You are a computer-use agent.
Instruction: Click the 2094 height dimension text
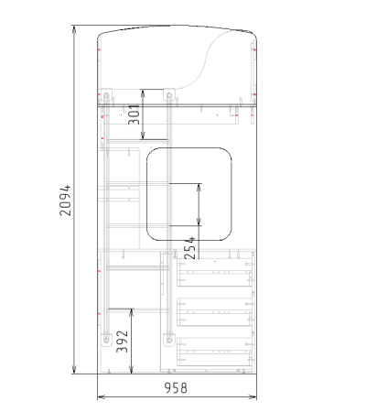(x=65, y=201)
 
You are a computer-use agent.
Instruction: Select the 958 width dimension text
(x=176, y=388)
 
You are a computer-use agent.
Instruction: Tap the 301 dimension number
(x=135, y=114)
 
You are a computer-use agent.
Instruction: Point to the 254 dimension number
(x=189, y=248)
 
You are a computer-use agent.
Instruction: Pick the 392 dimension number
(x=123, y=342)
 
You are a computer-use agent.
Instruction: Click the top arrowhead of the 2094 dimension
(x=74, y=29)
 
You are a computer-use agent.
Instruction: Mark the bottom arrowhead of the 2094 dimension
(x=74, y=370)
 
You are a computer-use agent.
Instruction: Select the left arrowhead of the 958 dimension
(x=102, y=397)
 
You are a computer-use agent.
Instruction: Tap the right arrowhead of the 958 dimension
(x=253, y=397)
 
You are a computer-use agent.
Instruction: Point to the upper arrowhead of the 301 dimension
(x=143, y=93)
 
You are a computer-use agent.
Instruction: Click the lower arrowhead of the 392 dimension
(x=132, y=370)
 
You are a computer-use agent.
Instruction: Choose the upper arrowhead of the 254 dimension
(x=199, y=188)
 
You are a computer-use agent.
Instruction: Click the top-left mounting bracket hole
(x=106, y=95)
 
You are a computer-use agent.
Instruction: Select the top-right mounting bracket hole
(x=169, y=95)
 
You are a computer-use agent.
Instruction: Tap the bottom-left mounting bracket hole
(x=106, y=340)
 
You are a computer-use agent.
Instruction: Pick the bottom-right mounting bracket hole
(x=169, y=340)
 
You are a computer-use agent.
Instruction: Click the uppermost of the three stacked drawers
(x=215, y=273)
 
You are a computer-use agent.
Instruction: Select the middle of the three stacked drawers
(x=215, y=312)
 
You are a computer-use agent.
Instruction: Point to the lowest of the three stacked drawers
(x=215, y=352)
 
